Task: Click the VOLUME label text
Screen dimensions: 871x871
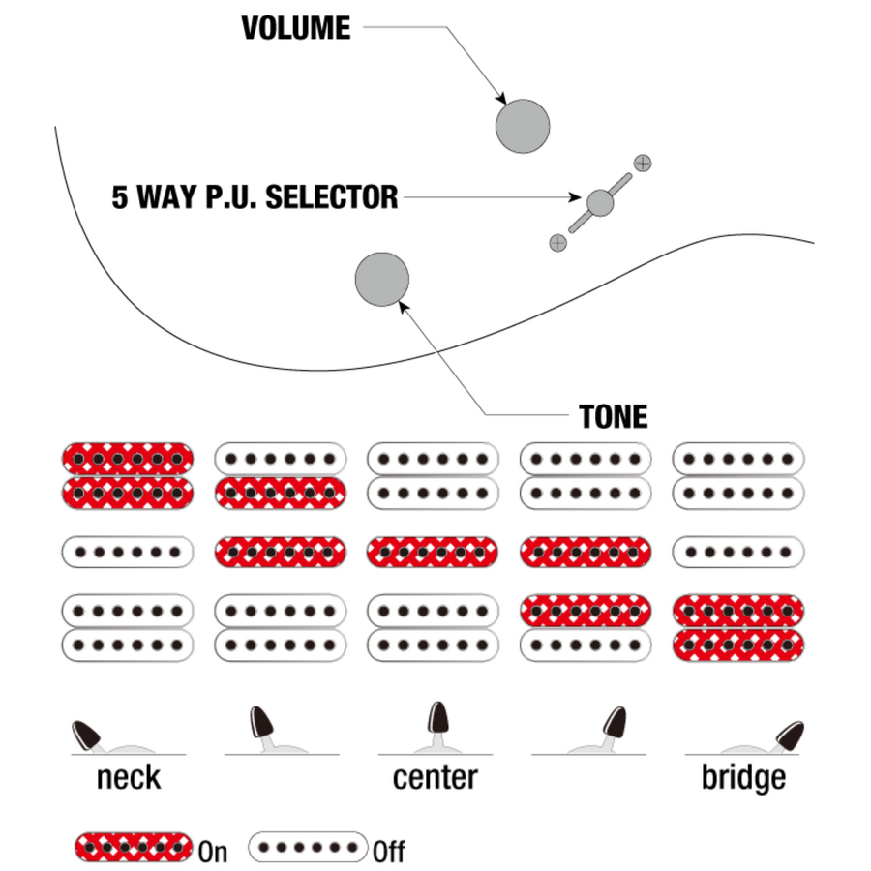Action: tap(296, 27)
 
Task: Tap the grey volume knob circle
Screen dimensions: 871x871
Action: tap(523, 126)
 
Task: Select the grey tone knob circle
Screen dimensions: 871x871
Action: tap(382, 279)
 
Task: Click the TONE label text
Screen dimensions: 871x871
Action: tap(614, 417)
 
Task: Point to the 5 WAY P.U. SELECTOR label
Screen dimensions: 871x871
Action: tap(255, 197)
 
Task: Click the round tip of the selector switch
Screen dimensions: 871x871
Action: tap(600, 202)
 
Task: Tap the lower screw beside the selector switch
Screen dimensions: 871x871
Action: tap(557, 243)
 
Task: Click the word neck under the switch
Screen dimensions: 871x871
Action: tap(128, 777)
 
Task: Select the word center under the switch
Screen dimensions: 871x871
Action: tap(435, 777)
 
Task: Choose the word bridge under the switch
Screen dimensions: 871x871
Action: tap(743, 777)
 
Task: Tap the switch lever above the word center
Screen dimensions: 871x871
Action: tap(437, 720)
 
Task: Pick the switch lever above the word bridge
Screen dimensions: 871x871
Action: tap(789, 736)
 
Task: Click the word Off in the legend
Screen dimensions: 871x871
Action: tap(388, 852)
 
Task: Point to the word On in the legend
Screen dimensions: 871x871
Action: tap(213, 852)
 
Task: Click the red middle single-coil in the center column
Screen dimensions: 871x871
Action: tap(433, 553)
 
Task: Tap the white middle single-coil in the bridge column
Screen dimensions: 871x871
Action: tap(738, 553)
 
